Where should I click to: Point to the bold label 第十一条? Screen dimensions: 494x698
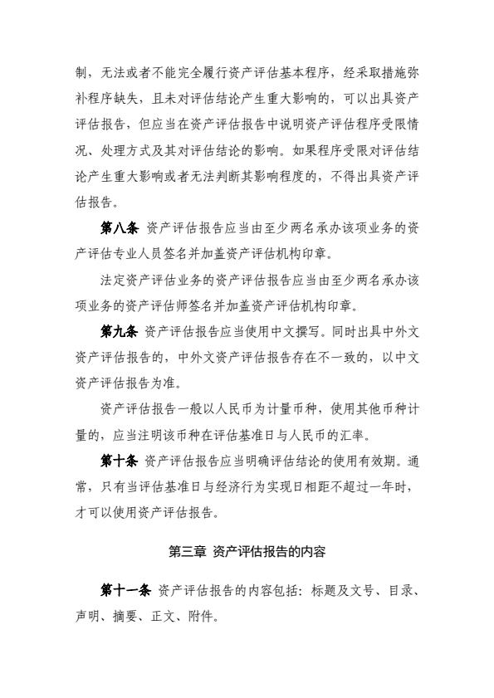pyautogui.click(x=125, y=591)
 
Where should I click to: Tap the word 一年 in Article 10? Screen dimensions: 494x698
pyautogui.click(x=369, y=484)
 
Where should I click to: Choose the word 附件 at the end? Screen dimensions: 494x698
pyautogui.click(x=204, y=616)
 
